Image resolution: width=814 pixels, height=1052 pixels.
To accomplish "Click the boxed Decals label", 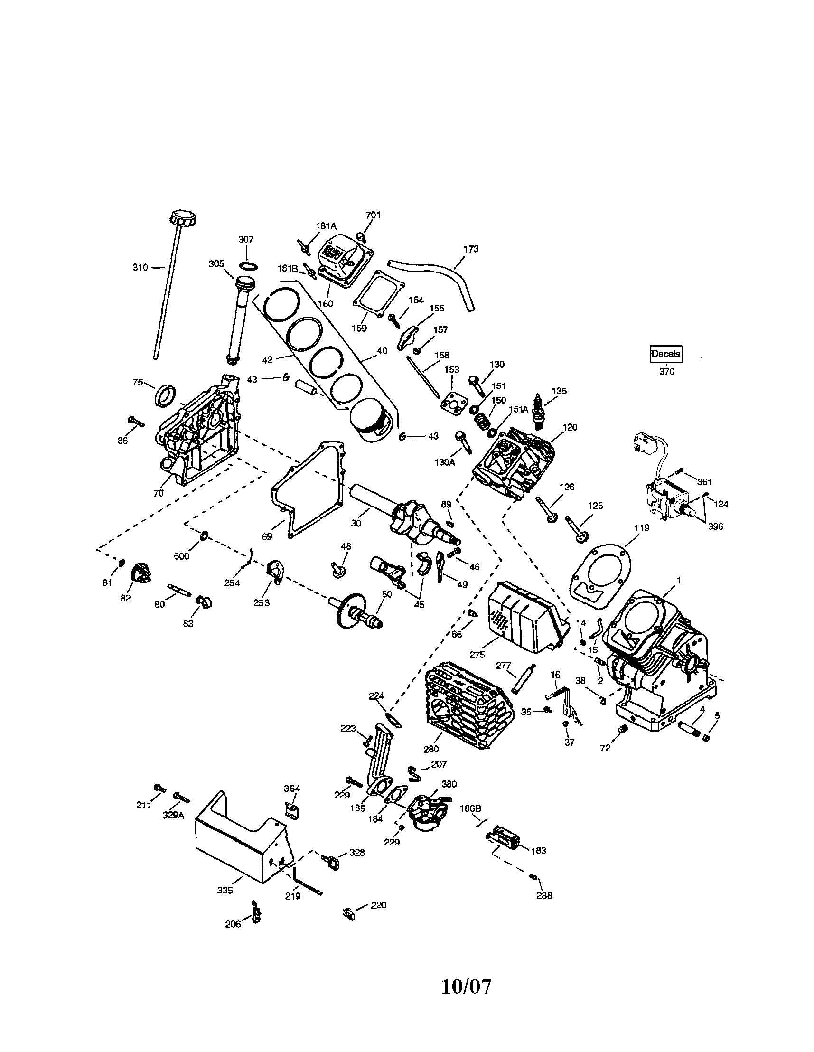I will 666,354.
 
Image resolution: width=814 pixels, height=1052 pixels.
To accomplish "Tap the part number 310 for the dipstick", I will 140,267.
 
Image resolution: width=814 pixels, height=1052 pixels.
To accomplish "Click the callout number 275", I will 477,655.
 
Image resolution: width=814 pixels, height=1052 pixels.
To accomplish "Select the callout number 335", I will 225,891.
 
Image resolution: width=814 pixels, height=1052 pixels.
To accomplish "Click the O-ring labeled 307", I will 248,266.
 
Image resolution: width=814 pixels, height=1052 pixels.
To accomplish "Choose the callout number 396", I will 716,526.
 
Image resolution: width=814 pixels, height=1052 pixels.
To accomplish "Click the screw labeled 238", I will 533,877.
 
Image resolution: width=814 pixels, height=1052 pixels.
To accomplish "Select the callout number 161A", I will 326,225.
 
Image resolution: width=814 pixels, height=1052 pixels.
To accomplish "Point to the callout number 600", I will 182,556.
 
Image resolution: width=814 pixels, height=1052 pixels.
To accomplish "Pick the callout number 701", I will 373,215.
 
